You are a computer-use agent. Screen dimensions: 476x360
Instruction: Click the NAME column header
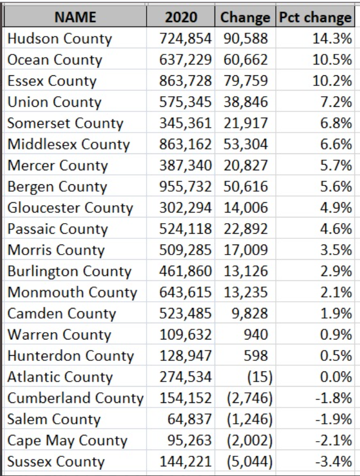pos(75,17)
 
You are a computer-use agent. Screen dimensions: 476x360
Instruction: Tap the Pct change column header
pos(315,17)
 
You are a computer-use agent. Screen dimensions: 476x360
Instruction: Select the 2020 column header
pos(181,17)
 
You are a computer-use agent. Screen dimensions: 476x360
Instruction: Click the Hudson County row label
pos(60,39)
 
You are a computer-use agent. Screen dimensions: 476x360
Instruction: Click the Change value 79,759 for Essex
pos(246,81)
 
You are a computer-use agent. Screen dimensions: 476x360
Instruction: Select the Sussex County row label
pos(56,462)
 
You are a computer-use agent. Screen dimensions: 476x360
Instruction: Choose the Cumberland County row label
pos(75,398)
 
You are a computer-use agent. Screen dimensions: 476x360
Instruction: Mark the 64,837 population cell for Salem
pos(190,419)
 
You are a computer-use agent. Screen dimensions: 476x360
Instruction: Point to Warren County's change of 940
pos(256,335)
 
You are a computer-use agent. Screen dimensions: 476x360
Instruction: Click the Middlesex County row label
pos(69,144)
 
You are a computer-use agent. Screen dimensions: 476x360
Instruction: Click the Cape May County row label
pos(67,441)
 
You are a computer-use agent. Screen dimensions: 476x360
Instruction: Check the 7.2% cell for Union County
pos(336,102)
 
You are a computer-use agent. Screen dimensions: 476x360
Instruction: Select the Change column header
pos(245,17)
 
